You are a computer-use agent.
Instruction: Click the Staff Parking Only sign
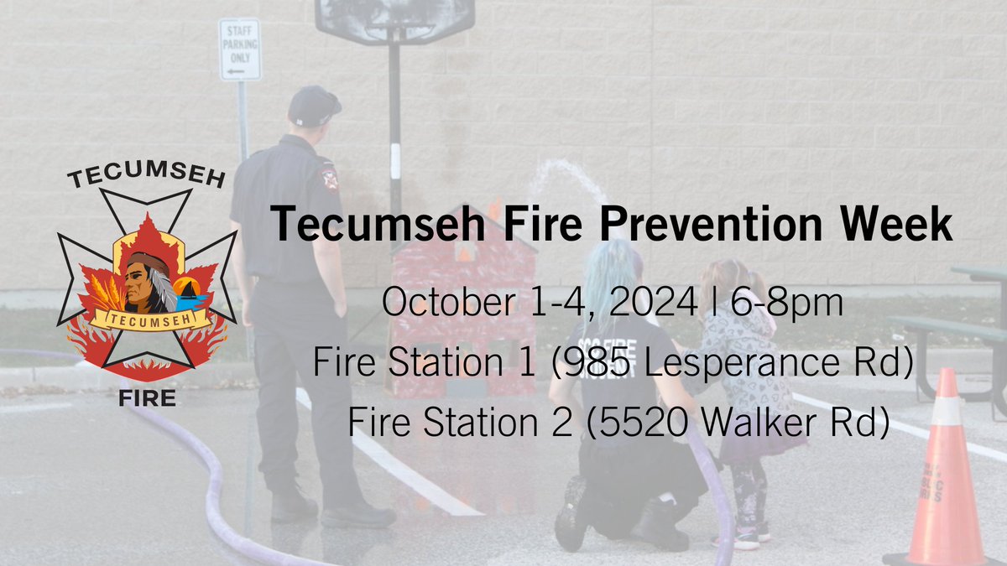pyautogui.click(x=240, y=49)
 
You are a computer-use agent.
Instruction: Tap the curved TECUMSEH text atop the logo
pyautogui.click(x=146, y=178)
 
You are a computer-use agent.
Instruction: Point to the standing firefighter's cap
pyautogui.click(x=314, y=105)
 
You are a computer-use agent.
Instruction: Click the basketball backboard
pyautogui.click(x=394, y=21)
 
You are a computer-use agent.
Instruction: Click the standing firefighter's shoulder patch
pyautogui.click(x=329, y=177)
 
